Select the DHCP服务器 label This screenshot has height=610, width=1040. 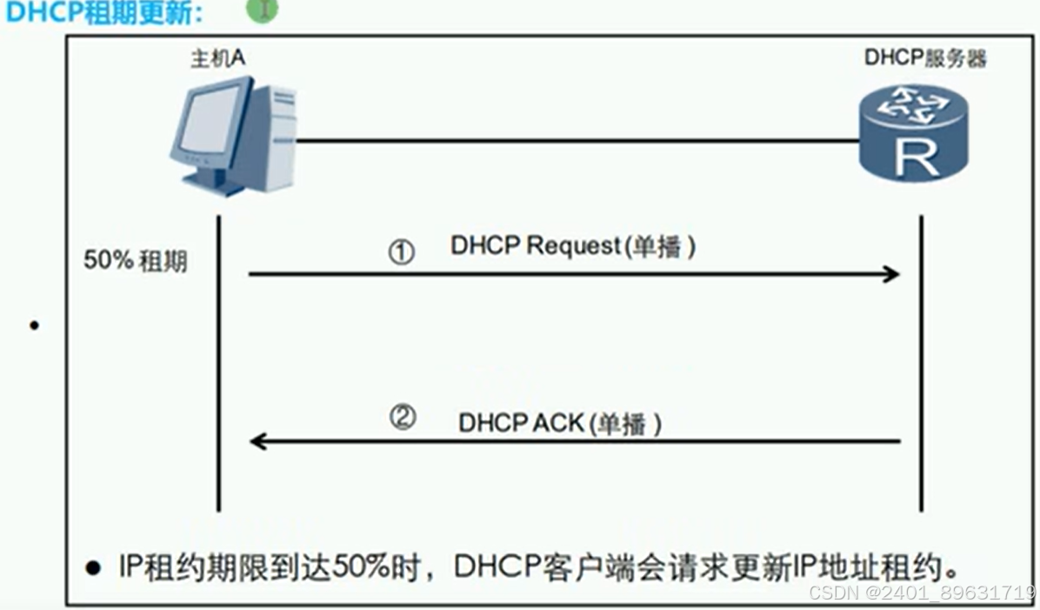click(x=925, y=58)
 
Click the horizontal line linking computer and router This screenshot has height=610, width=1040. click(x=574, y=140)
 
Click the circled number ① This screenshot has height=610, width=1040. click(x=401, y=252)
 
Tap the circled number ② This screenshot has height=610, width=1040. click(x=402, y=419)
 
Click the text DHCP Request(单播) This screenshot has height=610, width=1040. click(x=573, y=247)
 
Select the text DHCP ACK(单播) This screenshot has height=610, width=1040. click(x=560, y=424)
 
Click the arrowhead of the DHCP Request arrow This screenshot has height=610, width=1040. click(x=890, y=274)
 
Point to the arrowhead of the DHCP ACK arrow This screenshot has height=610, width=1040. click(x=258, y=441)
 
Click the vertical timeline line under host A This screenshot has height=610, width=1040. click(x=218, y=365)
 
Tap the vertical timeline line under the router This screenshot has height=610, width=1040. click(x=921, y=365)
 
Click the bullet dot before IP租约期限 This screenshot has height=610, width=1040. click(x=92, y=568)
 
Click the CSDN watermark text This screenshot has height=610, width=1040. click(x=921, y=593)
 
